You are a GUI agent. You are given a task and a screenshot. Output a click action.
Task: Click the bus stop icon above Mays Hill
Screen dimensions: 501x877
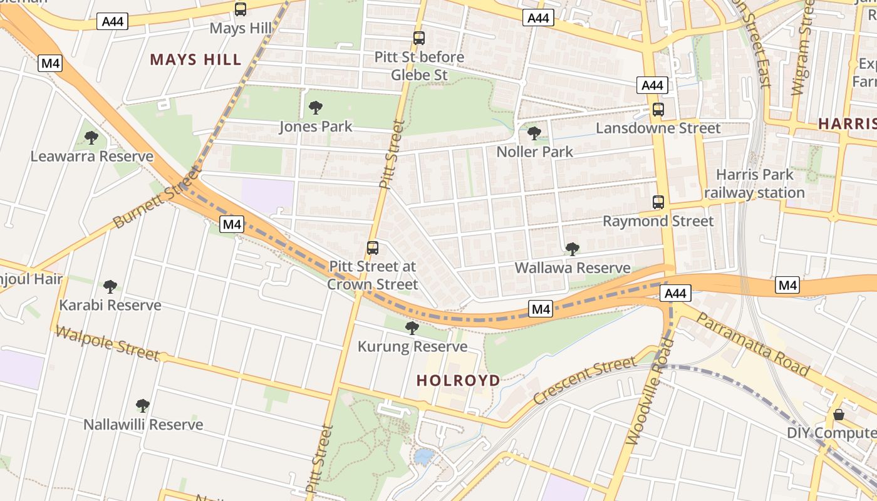click(241, 9)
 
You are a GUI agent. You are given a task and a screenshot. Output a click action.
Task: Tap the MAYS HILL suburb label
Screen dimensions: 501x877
click(195, 60)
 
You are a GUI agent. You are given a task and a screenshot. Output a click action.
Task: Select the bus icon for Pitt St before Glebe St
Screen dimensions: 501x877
click(419, 38)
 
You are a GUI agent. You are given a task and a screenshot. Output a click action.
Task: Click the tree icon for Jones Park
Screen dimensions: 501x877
click(316, 108)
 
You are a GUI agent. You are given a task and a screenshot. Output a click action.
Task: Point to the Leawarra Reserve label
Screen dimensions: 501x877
click(91, 157)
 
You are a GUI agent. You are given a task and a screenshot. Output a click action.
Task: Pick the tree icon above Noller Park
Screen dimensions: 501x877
click(534, 133)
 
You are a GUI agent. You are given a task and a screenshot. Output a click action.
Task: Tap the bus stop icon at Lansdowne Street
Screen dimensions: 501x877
click(658, 110)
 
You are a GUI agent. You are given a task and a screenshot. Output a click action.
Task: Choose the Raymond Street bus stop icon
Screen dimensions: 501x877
click(658, 202)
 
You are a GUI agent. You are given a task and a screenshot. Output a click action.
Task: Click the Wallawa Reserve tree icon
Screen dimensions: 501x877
click(572, 249)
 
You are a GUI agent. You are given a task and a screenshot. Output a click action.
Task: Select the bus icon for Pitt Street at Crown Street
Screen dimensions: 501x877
click(373, 247)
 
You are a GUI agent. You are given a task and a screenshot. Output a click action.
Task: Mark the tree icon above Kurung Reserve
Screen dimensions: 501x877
click(412, 328)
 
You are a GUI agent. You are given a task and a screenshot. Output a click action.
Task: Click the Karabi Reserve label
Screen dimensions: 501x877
click(110, 305)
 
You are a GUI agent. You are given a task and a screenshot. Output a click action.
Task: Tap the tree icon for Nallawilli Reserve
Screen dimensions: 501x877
click(143, 406)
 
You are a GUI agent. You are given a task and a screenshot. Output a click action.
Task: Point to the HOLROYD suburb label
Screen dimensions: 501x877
click(459, 380)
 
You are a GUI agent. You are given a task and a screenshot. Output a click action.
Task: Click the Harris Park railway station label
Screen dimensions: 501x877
click(754, 183)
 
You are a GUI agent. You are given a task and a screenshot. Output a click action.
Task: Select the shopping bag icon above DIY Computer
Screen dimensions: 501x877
click(839, 415)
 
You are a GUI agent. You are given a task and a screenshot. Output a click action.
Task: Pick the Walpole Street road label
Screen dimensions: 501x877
click(106, 343)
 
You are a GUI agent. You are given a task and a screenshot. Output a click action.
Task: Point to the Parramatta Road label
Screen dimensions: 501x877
click(752, 344)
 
